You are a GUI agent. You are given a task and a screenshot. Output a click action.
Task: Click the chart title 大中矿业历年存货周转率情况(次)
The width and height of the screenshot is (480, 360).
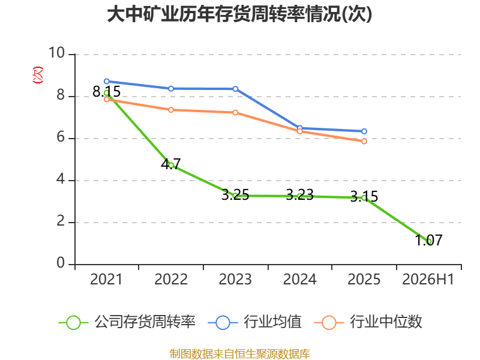coord(239,14)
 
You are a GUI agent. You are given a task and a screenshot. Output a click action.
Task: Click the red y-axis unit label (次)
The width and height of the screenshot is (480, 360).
coord(38,75)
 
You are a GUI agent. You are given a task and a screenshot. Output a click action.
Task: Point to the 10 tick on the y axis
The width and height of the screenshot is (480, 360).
coord(57,53)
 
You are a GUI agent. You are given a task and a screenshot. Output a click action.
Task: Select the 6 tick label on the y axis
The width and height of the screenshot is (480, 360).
coord(61,137)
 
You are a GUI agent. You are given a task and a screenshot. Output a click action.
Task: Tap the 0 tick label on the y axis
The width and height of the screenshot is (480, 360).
coord(61,263)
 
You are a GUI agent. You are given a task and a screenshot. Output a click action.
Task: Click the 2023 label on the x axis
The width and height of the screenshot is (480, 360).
coord(235,279)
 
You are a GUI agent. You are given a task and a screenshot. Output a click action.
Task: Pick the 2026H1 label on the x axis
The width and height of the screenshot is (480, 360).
coord(428,279)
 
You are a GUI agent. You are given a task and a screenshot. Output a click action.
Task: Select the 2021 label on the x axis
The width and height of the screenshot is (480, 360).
coord(106,279)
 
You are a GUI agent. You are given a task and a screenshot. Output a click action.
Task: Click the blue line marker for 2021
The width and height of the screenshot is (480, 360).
coord(107,82)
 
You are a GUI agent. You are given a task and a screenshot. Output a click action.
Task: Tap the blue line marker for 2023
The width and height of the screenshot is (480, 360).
coord(235,89)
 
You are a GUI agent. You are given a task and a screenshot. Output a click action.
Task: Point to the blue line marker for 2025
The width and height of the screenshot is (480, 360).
coord(364,131)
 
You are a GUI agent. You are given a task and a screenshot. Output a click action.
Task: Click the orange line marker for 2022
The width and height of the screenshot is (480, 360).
coord(171,110)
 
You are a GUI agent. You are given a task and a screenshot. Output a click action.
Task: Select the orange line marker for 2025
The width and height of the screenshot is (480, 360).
coord(364,142)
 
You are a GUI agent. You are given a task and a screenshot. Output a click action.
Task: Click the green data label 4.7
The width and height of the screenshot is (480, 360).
coord(171,164)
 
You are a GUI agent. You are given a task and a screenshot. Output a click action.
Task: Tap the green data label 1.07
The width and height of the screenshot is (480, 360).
coord(428,241)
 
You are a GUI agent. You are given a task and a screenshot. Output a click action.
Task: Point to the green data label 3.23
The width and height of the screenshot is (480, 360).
coord(299,194)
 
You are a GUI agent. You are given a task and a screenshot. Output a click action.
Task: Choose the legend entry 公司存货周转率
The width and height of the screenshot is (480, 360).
coord(127,322)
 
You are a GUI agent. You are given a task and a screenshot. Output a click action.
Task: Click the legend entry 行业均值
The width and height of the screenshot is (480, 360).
coord(254,322)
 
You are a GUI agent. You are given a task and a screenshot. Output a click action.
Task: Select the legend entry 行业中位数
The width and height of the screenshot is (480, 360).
coord(368,322)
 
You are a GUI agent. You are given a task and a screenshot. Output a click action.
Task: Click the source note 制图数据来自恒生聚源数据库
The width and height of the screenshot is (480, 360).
coord(240,354)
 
